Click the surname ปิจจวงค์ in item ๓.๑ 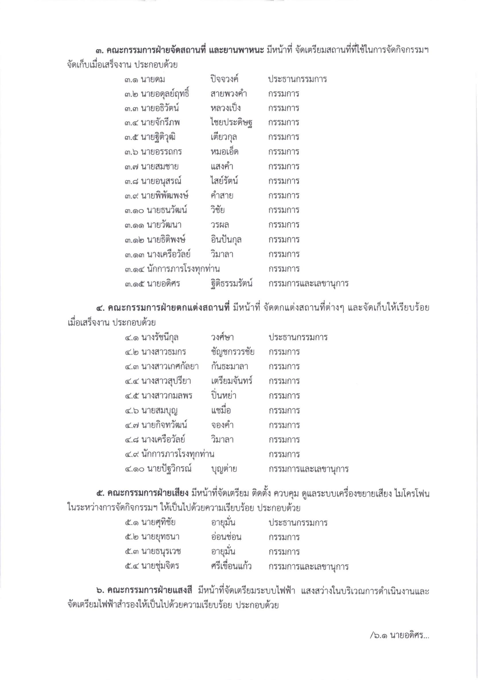223,79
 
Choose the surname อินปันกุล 225,239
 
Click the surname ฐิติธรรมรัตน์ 230,283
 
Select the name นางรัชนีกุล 160,337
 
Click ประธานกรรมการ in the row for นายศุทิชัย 298,522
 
